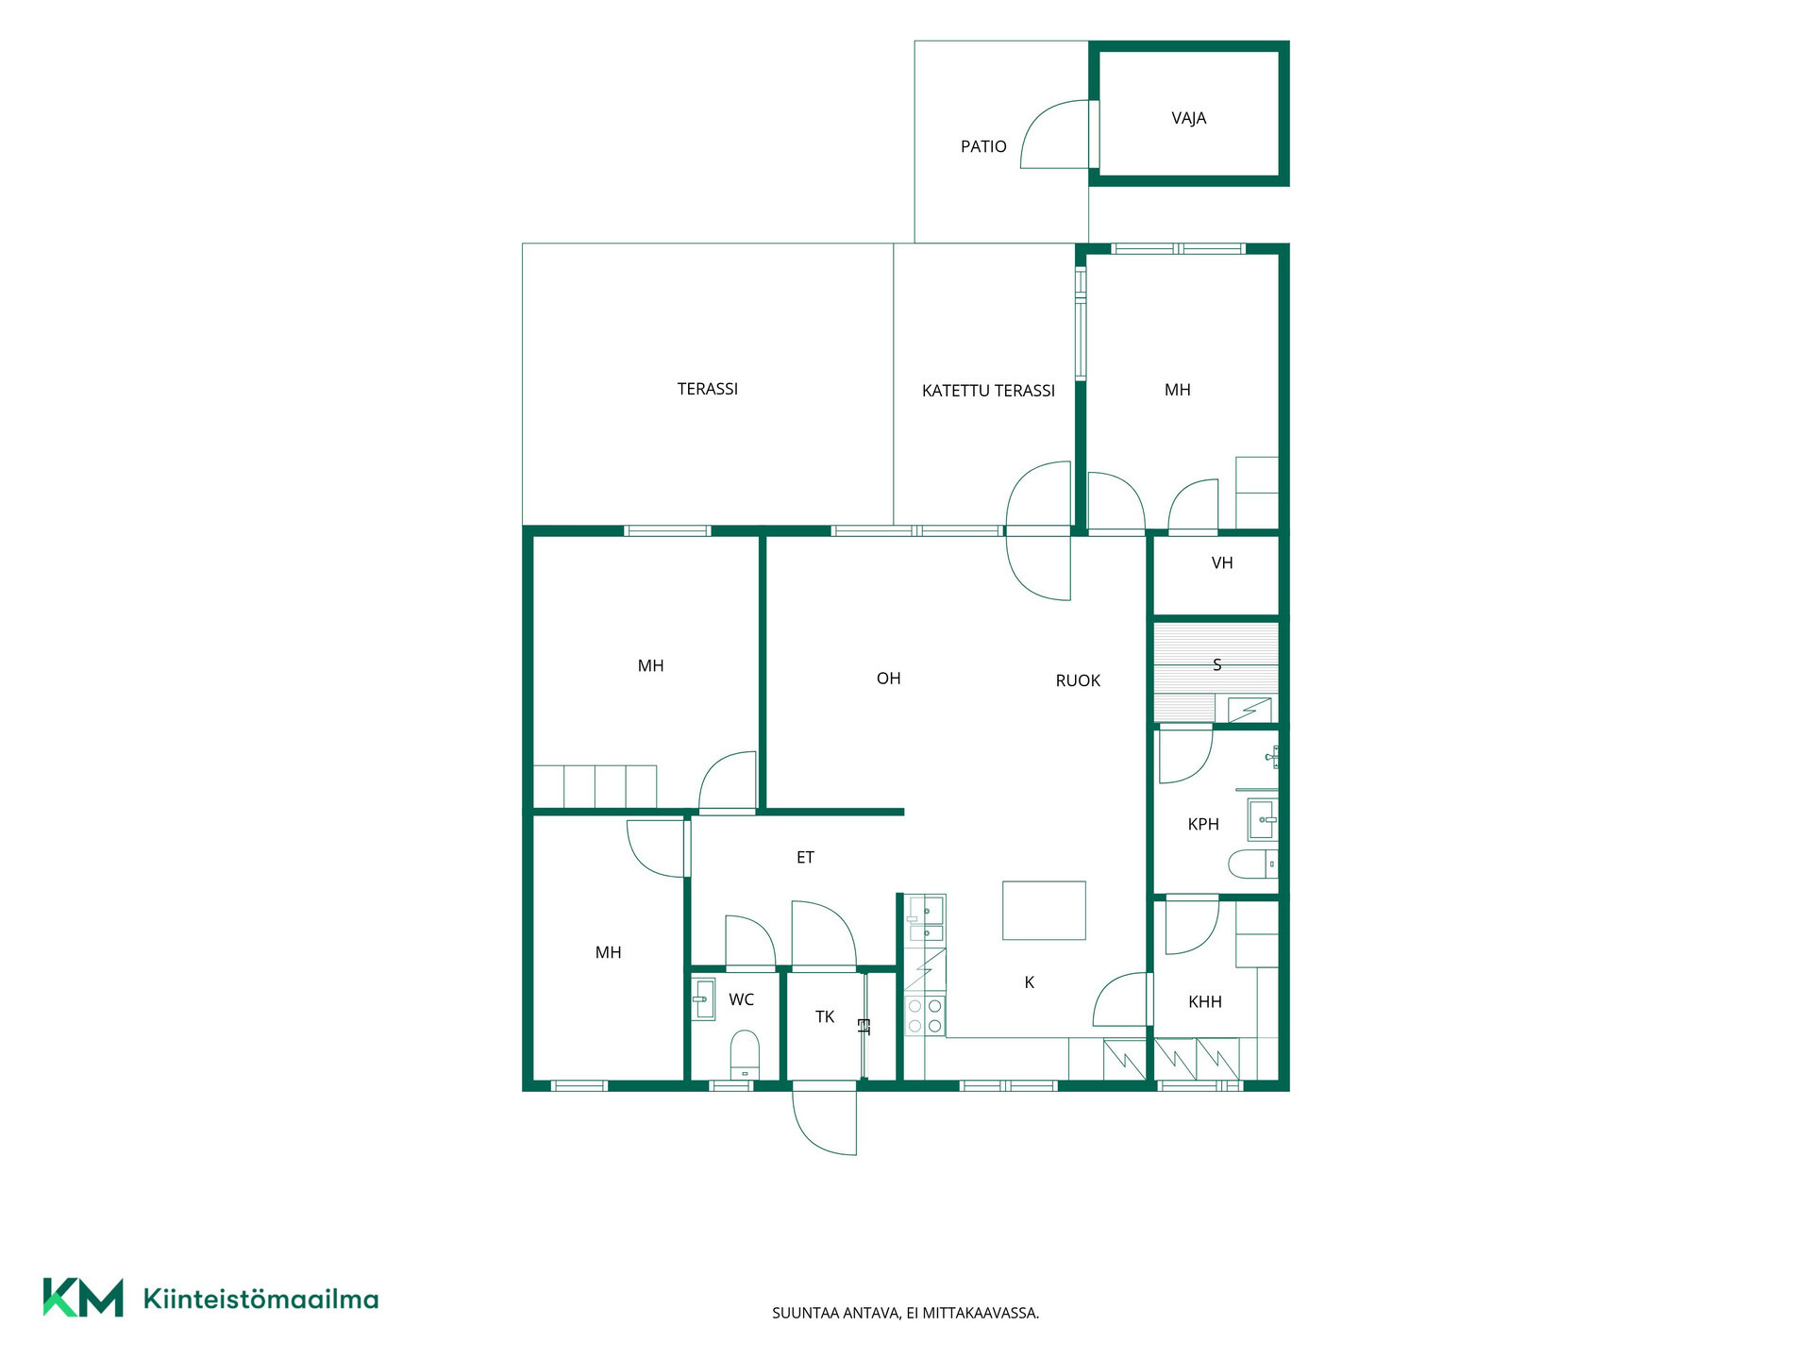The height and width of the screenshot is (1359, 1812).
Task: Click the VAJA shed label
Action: [1188, 118]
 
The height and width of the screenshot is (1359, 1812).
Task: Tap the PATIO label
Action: [983, 146]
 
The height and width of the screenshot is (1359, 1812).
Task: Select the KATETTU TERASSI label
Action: [988, 391]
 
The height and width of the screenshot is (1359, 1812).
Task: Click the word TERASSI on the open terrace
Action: [708, 389]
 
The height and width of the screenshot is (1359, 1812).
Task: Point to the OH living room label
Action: [888, 679]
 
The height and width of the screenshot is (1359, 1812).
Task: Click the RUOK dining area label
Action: [1078, 680]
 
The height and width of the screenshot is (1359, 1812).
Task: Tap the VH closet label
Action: [1222, 563]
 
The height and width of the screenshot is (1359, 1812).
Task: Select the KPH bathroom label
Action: [1203, 825]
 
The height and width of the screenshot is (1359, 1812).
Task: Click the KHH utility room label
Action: [1205, 1002]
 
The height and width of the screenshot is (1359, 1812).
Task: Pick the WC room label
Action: [741, 999]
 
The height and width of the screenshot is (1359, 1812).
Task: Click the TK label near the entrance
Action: [825, 1016]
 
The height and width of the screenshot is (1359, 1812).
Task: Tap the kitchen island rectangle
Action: [1044, 910]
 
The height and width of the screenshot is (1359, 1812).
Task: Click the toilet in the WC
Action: [745, 1054]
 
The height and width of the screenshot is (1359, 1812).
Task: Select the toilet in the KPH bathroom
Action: [1253, 864]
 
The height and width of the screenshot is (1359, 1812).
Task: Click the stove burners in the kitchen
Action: [925, 1015]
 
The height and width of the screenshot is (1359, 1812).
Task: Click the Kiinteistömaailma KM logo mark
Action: [83, 1298]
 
